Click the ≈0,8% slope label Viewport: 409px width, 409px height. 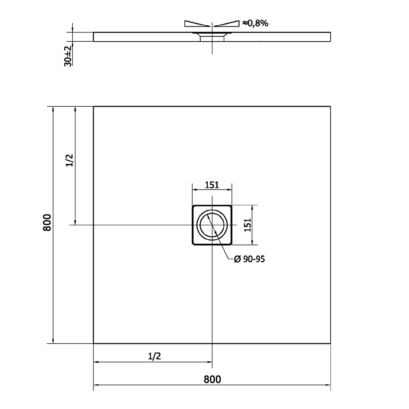click(x=255, y=23)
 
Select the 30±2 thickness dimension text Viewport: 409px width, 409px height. click(x=68, y=56)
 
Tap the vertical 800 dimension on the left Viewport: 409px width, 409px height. click(x=47, y=222)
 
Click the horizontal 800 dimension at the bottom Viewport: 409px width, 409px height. click(x=212, y=379)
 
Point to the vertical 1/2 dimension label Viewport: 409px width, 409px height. click(x=70, y=160)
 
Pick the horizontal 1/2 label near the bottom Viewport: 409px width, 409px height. click(x=154, y=356)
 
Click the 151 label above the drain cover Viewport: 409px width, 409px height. click(x=212, y=185)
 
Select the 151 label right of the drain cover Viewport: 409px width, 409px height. click(x=247, y=225)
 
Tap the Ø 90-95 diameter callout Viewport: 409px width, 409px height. click(x=249, y=259)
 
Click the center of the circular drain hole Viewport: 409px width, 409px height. click(x=212, y=225)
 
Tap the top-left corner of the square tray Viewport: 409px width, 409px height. click(x=94, y=106)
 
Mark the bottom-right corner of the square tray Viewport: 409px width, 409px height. click(x=330, y=343)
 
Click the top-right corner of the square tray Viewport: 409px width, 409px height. click(x=330, y=106)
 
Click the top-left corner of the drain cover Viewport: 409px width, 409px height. click(x=193, y=206)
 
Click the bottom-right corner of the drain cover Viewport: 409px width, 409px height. click(x=231, y=244)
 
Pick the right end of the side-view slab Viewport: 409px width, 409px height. click(x=330, y=37)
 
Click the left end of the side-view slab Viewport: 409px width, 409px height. click(x=94, y=37)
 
